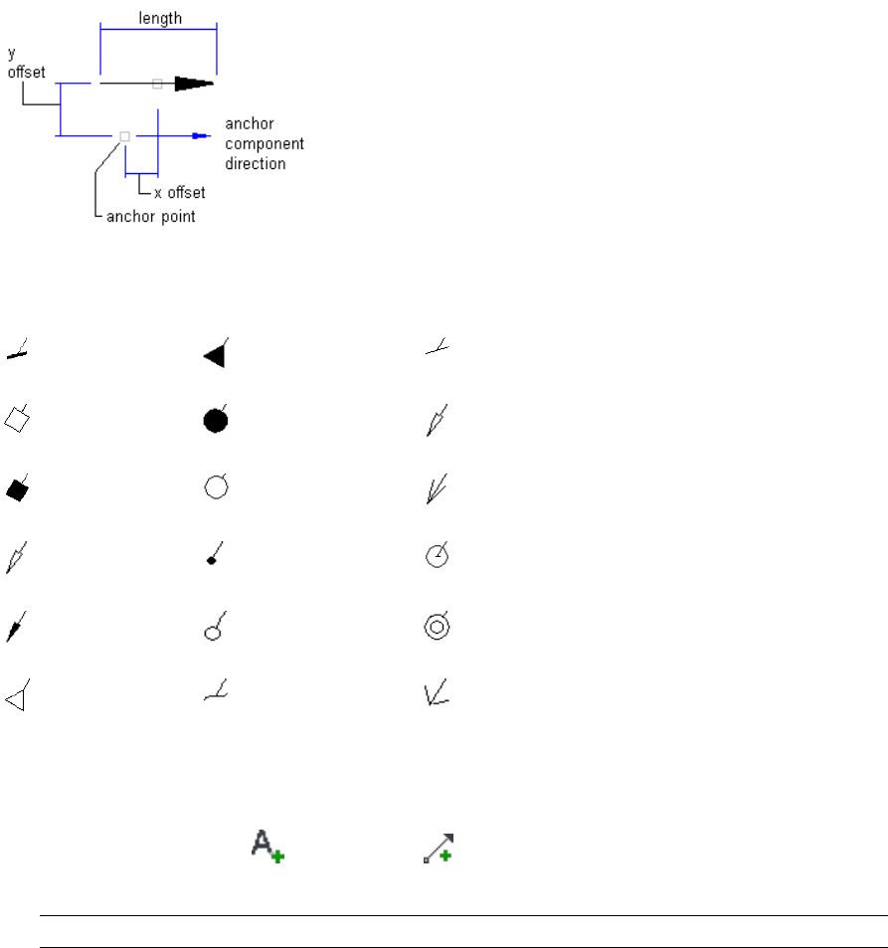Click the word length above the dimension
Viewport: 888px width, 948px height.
click(159, 18)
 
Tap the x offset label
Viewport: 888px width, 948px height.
click(180, 193)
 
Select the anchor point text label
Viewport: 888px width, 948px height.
click(151, 217)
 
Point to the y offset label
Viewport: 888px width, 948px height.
click(27, 62)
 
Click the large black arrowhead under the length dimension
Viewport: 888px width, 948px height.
click(193, 84)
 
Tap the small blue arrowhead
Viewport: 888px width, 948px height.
click(201, 135)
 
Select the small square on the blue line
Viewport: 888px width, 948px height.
click(124, 135)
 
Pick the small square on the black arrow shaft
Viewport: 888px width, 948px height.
click(157, 84)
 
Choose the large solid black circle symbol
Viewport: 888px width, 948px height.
click(215, 421)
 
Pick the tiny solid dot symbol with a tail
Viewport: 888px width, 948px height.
click(212, 561)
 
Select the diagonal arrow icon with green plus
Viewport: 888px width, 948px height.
click(437, 847)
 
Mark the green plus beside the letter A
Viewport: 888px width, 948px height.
click(277, 855)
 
